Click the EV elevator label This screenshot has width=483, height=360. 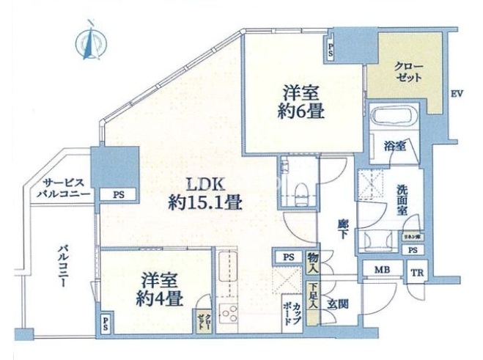click(x=457, y=94)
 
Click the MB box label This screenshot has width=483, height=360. click(x=381, y=271)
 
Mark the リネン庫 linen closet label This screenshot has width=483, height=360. click(x=413, y=237)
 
